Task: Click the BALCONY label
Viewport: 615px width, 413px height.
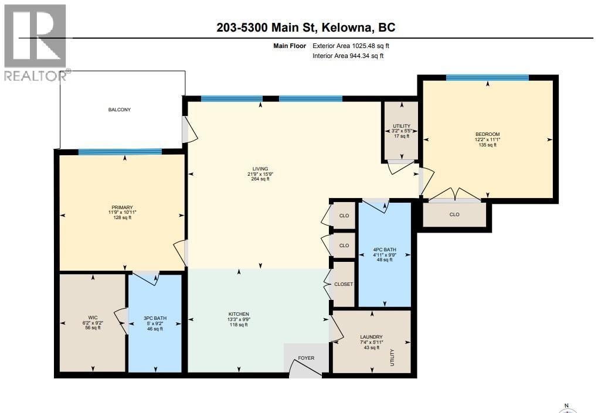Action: [x=119, y=110]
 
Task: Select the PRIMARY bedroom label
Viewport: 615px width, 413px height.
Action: [x=123, y=207]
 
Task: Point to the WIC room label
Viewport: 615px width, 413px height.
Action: [x=93, y=317]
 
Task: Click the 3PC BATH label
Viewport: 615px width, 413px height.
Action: [x=155, y=318]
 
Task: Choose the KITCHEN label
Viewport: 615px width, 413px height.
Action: [x=239, y=314]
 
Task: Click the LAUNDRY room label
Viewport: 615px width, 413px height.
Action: [x=371, y=337]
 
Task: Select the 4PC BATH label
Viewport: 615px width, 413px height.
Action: [x=385, y=250]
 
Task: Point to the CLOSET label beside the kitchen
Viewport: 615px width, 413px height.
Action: [x=344, y=284]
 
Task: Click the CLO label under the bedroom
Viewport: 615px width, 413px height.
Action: [x=454, y=214]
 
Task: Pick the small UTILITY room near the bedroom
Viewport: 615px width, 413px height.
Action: [x=402, y=126]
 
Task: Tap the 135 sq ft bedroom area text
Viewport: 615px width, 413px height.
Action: [x=487, y=145]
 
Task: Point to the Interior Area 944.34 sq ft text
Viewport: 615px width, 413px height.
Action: [x=348, y=56]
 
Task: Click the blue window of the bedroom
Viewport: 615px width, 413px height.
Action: [x=487, y=77]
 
